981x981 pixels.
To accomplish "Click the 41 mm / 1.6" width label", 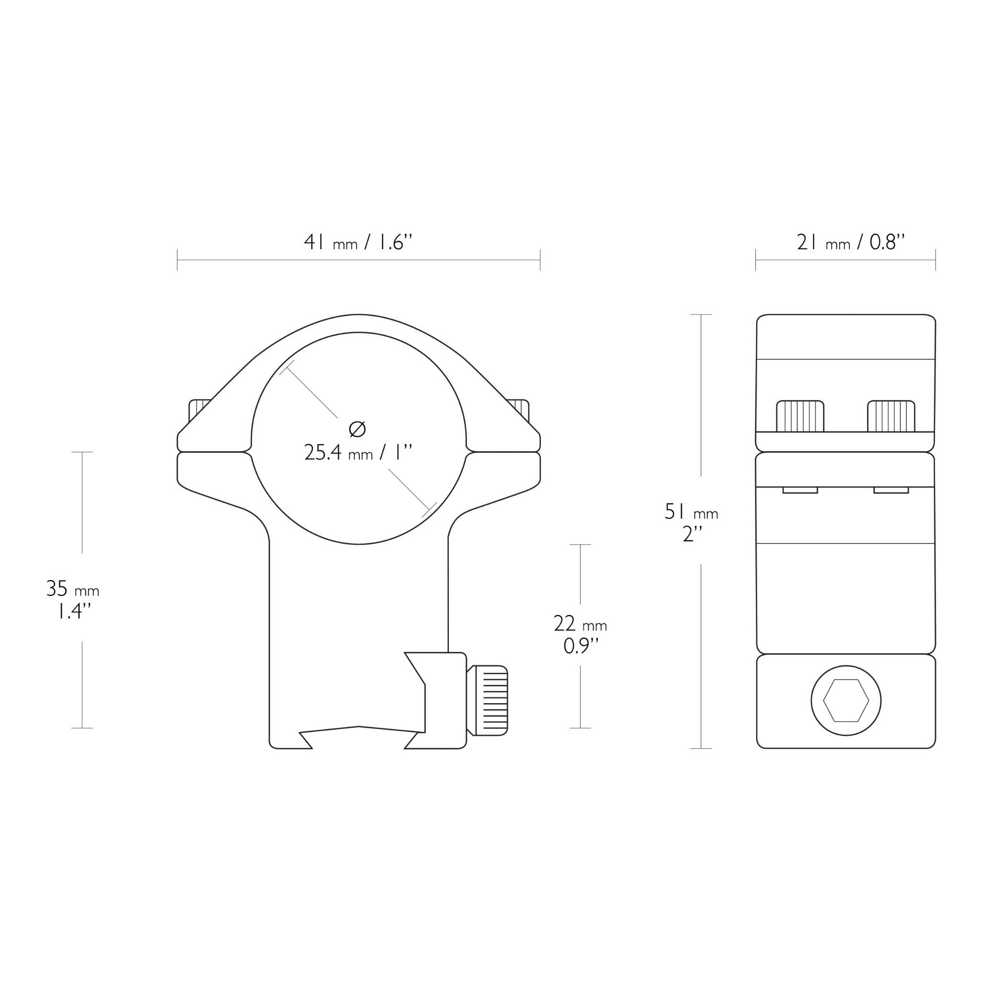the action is click(358, 242).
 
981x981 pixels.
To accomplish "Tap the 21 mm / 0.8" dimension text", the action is click(851, 242).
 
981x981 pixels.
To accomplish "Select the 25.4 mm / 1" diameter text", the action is click(358, 452).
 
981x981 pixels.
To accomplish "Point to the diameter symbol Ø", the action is click(357, 429).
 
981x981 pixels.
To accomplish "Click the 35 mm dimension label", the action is click(73, 589).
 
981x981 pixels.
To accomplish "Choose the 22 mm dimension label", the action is click(581, 624).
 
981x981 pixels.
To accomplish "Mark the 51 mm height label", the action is click(692, 511).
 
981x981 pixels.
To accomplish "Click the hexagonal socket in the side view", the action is click(846, 701).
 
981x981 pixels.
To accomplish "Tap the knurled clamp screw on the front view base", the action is click(487, 700).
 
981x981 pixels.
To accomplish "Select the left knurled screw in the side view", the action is click(800, 416).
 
